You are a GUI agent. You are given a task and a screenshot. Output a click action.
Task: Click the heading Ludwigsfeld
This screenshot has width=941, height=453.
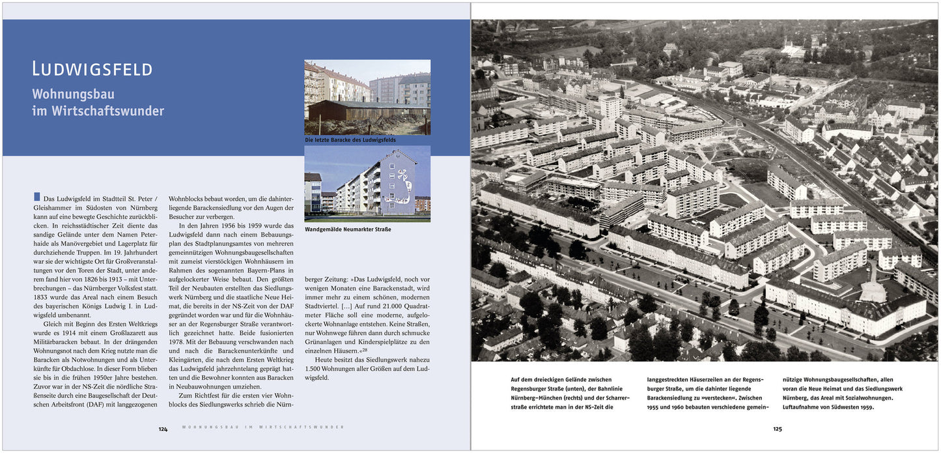pos(92,69)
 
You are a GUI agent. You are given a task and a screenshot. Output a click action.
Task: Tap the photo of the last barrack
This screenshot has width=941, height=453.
pos(367,97)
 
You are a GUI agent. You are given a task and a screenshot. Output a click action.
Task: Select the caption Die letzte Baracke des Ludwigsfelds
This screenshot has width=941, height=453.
pos(350,140)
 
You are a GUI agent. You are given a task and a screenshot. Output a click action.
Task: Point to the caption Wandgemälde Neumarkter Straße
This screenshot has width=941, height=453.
pos(348,229)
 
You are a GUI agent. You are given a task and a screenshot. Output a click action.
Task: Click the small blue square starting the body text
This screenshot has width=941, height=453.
pos(36,197)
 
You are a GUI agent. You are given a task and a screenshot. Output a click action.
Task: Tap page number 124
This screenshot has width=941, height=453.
pos(163,429)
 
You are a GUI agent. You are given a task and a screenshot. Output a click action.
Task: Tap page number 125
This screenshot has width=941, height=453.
pos(777,429)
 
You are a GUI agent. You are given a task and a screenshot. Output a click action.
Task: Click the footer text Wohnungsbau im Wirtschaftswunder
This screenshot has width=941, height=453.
pos(263,427)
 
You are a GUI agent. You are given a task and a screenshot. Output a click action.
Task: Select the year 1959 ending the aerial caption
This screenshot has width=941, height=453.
pos(865,407)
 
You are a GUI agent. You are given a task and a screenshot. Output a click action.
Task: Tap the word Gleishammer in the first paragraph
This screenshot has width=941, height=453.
pos(55,207)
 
